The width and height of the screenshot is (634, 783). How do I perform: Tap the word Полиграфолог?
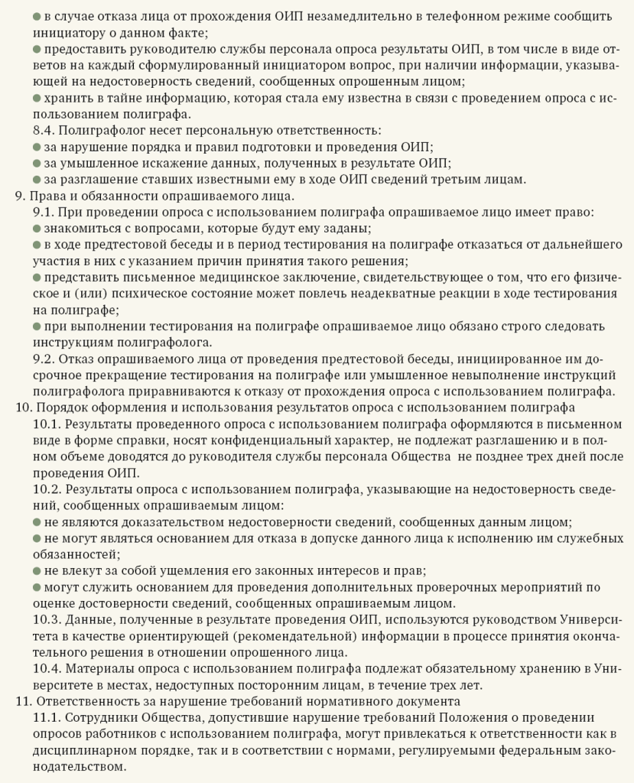click(x=100, y=132)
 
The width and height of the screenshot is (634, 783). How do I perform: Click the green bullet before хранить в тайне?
click(x=37, y=99)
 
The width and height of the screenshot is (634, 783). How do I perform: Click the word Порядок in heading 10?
click(x=61, y=407)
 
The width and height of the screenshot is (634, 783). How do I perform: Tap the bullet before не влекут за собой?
click(x=37, y=570)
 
